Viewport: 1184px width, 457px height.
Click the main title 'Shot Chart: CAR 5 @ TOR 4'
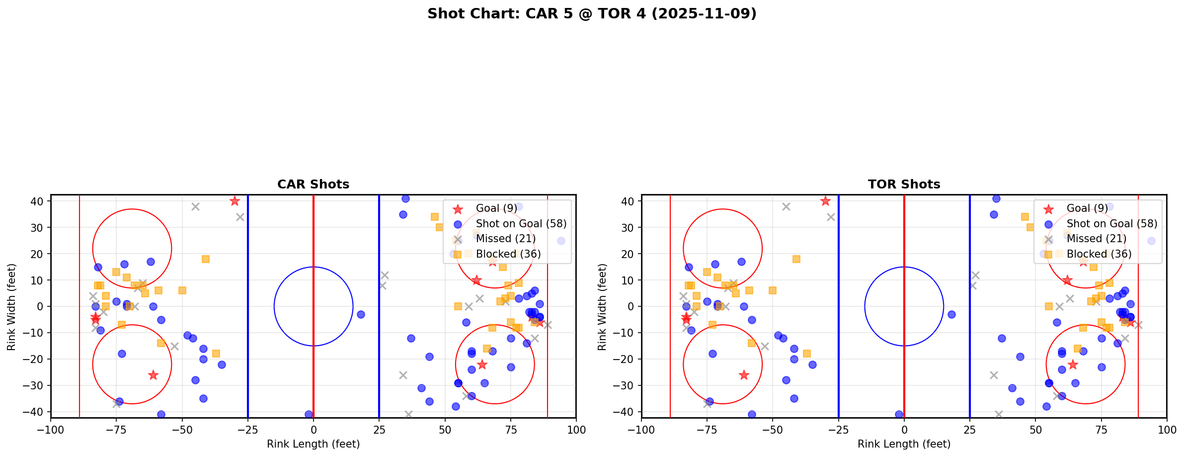[x=592, y=13]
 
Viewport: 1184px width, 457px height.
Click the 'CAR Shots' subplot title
[x=313, y=184]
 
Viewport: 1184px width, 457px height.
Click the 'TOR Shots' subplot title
[x=904, y=184]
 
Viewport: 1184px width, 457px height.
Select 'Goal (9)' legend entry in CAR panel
[x=496, y=208]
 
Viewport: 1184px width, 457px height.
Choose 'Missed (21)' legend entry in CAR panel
[x=505, y=239]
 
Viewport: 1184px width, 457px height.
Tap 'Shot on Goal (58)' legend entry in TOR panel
[x=1111, y=224]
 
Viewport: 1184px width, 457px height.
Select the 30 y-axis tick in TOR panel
[x=630, y=228]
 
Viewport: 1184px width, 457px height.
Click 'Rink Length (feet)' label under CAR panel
[x=313, y=444]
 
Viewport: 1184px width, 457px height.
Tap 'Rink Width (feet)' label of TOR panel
[x=602, y=307]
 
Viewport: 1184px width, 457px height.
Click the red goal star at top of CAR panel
[x=235, y=201]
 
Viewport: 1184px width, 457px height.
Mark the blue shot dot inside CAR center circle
[x=361, y=314]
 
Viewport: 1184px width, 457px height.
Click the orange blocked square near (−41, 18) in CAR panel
[x=206, y=259]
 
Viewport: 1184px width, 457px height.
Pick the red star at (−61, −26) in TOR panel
[x=744, y=375]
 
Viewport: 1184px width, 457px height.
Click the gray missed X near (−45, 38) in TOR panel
[x=786, y=206]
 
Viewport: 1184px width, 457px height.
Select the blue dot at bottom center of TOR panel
[x=899, y=414]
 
